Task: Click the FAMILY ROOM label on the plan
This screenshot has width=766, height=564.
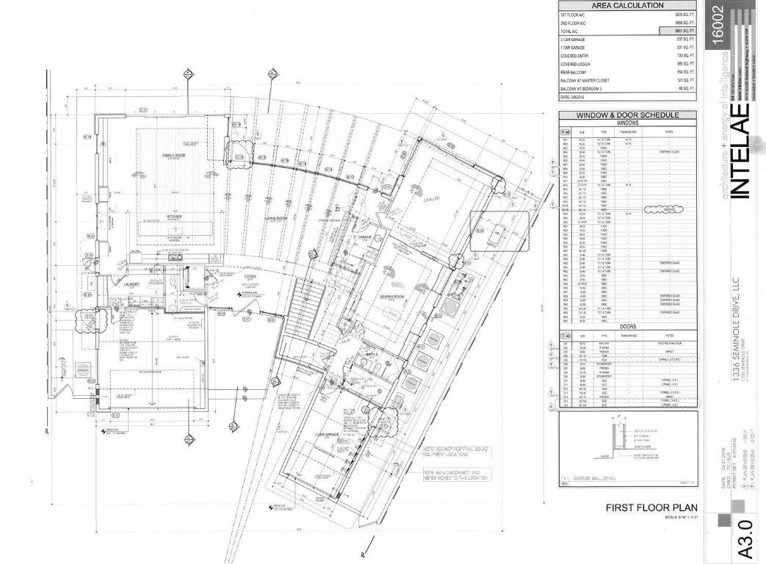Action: (x=162, y=156)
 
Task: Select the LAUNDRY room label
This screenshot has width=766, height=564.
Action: (x=132, y=283)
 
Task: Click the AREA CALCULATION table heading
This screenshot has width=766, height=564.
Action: (x=627, y=6)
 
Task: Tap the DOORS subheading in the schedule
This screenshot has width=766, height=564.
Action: (x=627, y=326)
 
